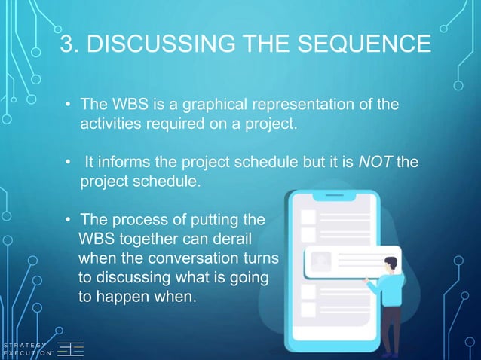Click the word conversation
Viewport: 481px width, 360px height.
(x=189, y=258)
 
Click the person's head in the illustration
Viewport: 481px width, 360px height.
(x=390, y=264)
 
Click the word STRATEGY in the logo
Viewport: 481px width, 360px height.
(x=23, y=345)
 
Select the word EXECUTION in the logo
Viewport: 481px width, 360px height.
(x=25, y=354)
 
